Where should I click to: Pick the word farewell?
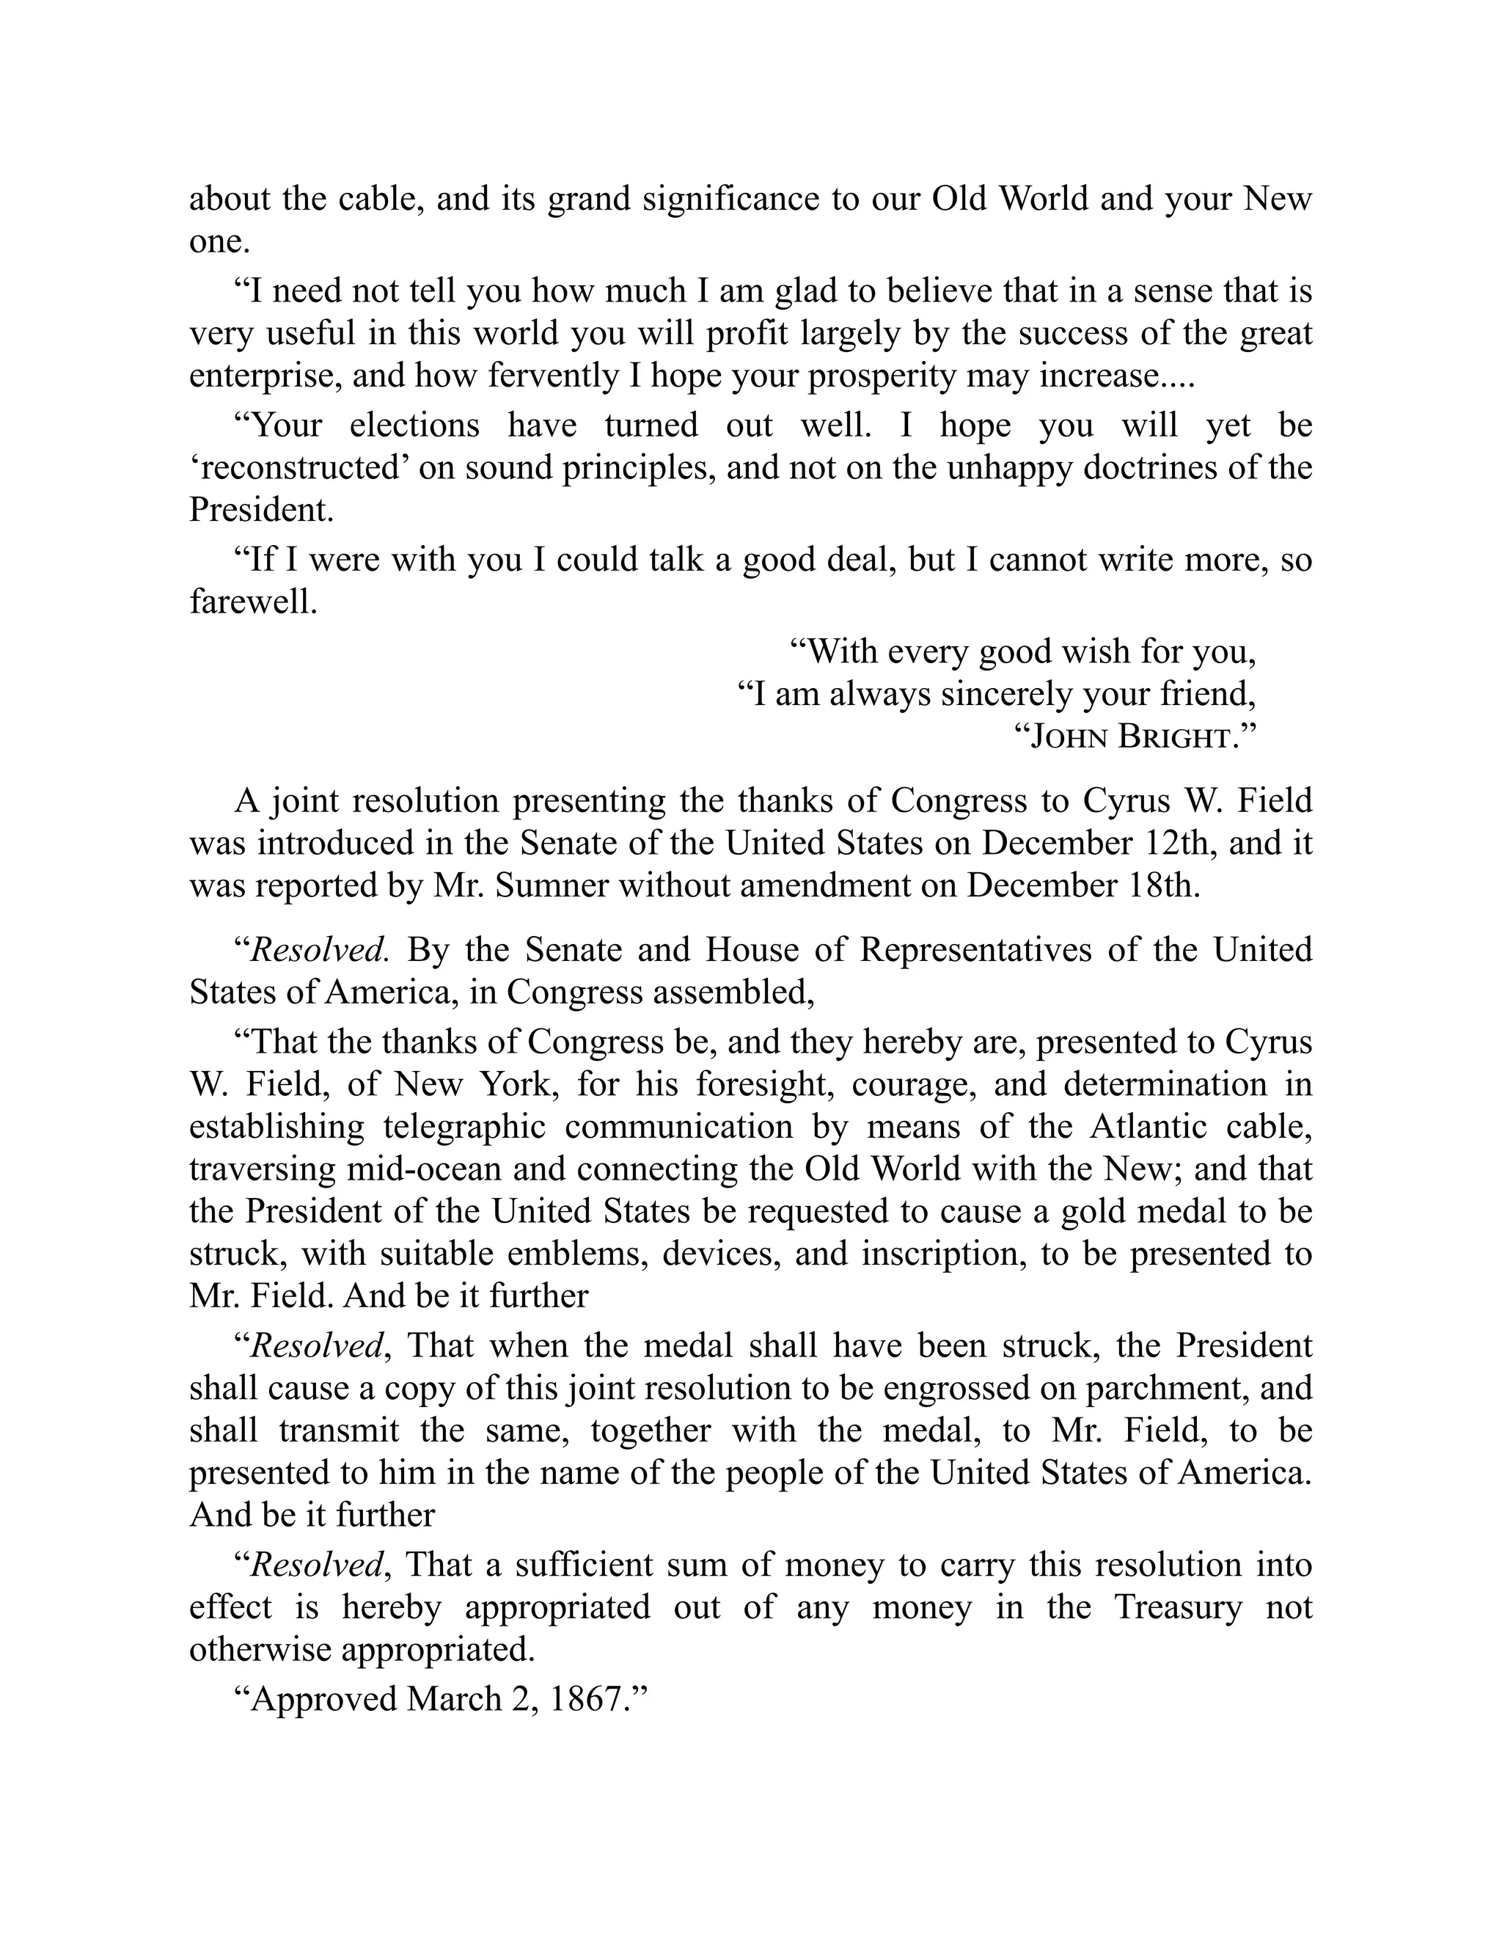click(x=253, y=602)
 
